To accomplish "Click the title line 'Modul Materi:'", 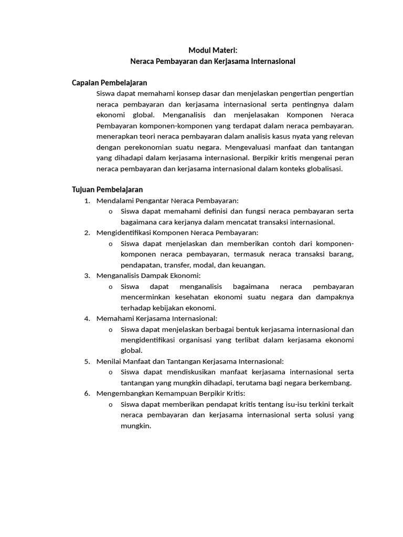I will pyautogui.click(x=213, y=50).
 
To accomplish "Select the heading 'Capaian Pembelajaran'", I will pyautogui.click(x=109, y=83).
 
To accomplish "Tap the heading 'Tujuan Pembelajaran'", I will pyautogui.click(x=107, y=190).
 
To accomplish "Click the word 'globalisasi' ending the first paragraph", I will pyautogui.click(x=323, y=169).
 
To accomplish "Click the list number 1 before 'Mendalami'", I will pyautogui.click(x=87, y=201).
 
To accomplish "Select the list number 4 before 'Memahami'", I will pyautogui.click(x=87, y=318).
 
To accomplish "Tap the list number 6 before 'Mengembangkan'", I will pyautogui.click(x=87, y=393).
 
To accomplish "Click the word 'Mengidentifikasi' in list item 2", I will pyautogui.click(x=122, y=233).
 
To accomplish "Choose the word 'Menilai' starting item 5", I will pyautogui.click(x=109, y=361).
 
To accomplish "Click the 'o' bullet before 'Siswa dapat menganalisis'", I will pyautogui.click(x=111, y=287).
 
